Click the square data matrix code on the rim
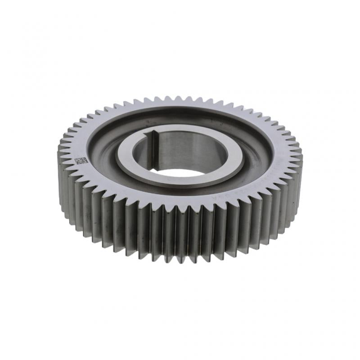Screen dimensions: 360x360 point(81,160)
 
